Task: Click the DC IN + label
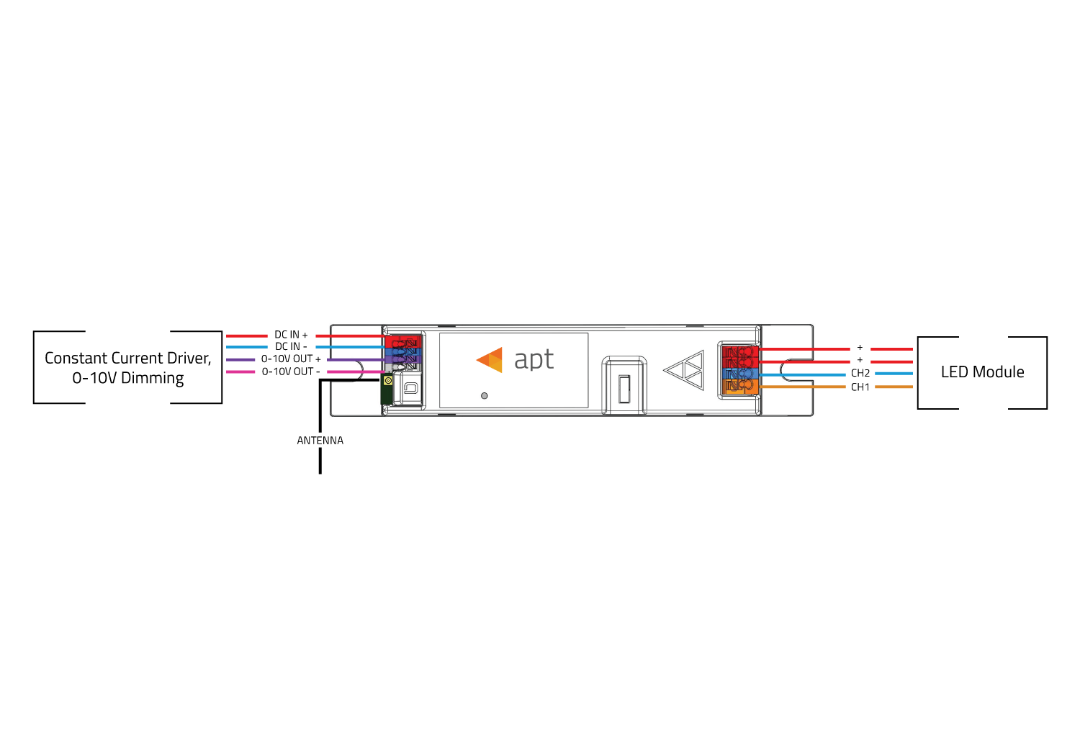coord(291,335)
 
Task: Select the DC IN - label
coord(291,346)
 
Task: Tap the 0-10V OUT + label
coord(291,359)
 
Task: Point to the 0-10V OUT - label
coord(291,372)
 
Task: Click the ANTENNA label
coord(320,441)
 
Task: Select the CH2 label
coord(860,373)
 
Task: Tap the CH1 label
coord(860,387)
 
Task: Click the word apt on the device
coord(534,360)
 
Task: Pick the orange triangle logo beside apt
coord(490,360)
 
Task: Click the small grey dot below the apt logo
coord(485,396)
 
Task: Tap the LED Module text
coord(983,372)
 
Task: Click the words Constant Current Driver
coord(127,359)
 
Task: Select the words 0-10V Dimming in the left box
coord(127,378)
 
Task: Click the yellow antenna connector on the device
coord(388,381)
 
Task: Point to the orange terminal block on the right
coord(741,386)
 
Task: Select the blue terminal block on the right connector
coord(741,374)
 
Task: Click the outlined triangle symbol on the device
coord(684,370)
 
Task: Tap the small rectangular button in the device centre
coord(624,389)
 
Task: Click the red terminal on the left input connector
coord(403,342)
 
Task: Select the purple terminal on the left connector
coord(403,359)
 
